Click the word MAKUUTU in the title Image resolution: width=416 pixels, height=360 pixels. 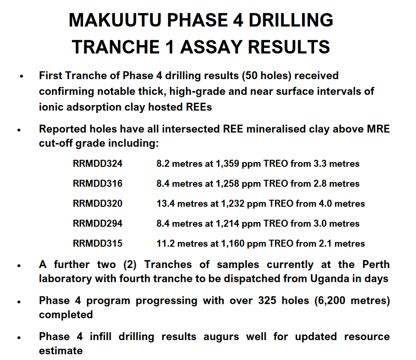(115, 20)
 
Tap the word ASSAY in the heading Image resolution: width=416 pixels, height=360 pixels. (211, 47)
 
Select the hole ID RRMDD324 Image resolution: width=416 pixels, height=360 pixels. (98, 164)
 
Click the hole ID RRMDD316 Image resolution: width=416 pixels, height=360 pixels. (98, 183)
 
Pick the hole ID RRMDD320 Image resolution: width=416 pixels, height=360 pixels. (98, 203)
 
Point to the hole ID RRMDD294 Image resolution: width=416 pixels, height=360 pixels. (98, 223)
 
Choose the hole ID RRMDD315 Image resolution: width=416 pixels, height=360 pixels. (98, 243)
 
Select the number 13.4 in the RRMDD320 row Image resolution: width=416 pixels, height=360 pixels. (165, 203)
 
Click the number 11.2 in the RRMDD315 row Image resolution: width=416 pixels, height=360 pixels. (165, 243)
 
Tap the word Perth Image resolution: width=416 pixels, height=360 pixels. (376, 265)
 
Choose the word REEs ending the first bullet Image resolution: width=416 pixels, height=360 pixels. (199, 107)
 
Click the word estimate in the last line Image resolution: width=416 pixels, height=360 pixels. (61, 351)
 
